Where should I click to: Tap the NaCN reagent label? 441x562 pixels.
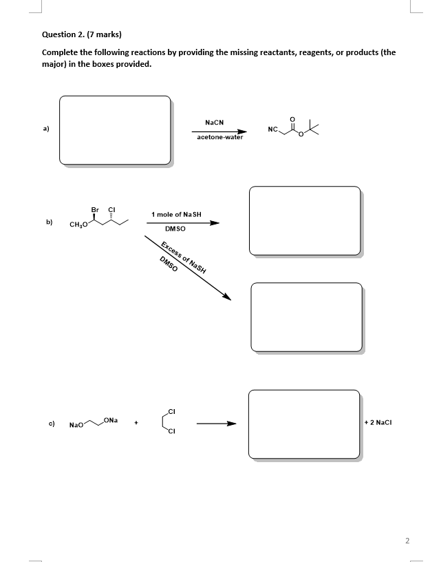pyautogui.click(x=214, y=121)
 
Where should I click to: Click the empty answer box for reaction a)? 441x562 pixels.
pyautogui.click(x=114, y=130)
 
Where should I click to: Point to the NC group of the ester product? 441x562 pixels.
pyautogui.click(x=273, y=129)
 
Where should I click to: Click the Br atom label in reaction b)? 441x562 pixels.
pyautogui.click(x=95, y=209)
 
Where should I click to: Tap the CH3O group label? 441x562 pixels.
pyautogui.click(x=78, y=225)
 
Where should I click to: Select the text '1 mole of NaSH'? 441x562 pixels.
pyautogui.click(x=176, y=215)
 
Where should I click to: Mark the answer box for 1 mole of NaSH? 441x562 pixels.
pyautogui.click(x=304, y=221)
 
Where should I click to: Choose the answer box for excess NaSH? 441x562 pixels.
pyautogui.click(x=305, y=316)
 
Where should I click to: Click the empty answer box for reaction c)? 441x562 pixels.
pyautogui.click(x=303, y=423)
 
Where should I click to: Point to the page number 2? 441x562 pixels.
pyautogui.click(x=407, y=541)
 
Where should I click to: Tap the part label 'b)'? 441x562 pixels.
pyautogui.click(x=50, y=222)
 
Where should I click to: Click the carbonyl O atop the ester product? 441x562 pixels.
pyautogui.click(x=294, y=118)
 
